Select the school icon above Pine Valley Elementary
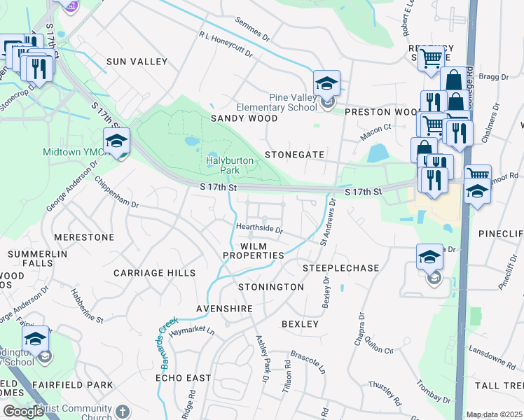[x=326, y=84]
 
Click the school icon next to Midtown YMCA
[x=117, y=141]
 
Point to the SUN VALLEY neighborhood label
[x=137, y=62]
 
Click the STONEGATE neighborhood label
[x=294, y=155]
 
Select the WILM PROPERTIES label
[x=254, y=251]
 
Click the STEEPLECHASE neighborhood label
[x=340, y=268]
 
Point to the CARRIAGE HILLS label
[x=155, y=273]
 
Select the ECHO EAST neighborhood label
[x=183, y=378]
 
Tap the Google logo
[x=24, y=412]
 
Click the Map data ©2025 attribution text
[x=494, y=415]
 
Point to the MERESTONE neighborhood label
[x=84, y=237]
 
